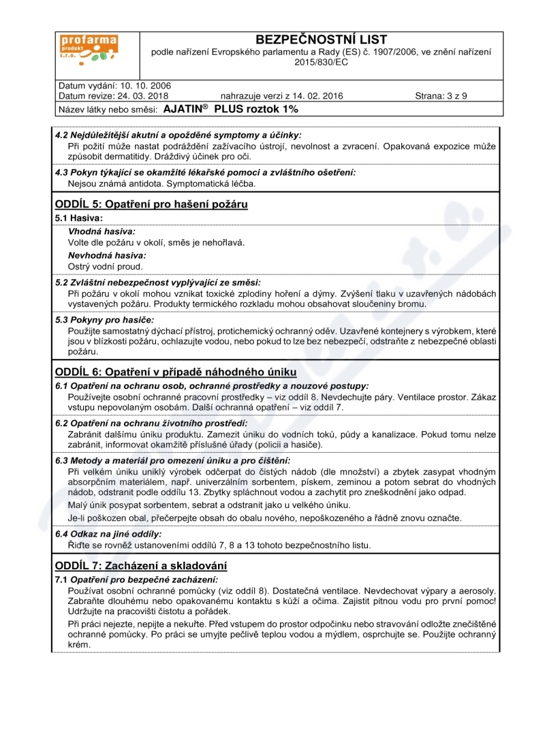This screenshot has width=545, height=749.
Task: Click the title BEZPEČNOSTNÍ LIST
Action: [321, 40]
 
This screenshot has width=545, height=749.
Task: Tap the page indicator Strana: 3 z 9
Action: [441, 96]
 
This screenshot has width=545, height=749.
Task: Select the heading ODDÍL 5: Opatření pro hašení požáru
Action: [151, 204]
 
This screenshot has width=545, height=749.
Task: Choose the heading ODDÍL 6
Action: [176, 372]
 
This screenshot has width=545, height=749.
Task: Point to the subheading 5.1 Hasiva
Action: [79, 218]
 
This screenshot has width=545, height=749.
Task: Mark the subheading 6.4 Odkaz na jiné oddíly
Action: [108, 534]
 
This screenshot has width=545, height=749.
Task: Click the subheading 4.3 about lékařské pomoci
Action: [205, 172]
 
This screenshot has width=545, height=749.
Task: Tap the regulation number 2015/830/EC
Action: [321, 62]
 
